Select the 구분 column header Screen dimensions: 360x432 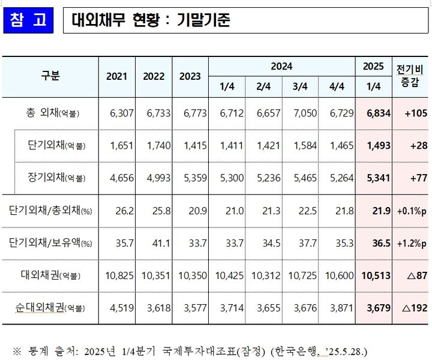click(50, 76)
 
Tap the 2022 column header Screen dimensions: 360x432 click(154, 77)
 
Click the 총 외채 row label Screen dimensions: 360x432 click(53, 113)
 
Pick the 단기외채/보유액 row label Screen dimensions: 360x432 click(50, 243)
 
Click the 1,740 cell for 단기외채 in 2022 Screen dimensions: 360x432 click(154, 145)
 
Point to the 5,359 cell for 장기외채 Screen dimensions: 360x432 click(190, 178)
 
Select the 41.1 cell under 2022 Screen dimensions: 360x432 click(154, 243)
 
